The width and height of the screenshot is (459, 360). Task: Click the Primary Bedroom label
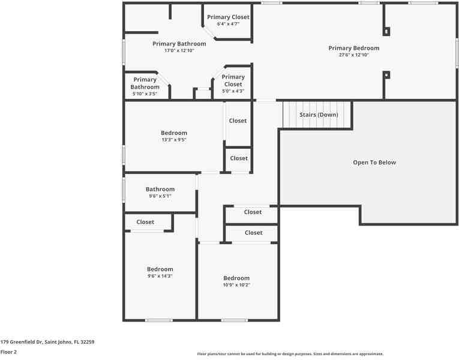(353, 48)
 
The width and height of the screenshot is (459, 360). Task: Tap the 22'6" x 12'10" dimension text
(353, 55)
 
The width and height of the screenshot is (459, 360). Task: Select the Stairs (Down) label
(319, 115)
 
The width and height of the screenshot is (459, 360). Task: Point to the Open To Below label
(374, 163)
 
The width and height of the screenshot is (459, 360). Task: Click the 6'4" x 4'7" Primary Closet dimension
(229, 24)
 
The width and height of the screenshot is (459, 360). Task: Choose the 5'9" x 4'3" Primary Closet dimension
(233, 91)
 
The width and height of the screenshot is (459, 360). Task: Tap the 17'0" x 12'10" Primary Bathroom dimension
(179, 50)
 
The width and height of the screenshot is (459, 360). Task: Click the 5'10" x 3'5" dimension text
(145, 94)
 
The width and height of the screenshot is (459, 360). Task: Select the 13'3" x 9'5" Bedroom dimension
(174, 140)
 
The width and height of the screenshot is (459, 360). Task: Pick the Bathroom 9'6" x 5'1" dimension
(160, 196)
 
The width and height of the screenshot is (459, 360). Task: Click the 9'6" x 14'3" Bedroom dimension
(160, 276)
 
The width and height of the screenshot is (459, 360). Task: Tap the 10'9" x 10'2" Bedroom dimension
(236, 285)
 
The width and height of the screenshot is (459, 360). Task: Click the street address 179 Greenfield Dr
(21, 342)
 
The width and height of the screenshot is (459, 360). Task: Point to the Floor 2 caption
(8, 352)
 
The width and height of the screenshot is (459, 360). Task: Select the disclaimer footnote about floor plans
(290, 354)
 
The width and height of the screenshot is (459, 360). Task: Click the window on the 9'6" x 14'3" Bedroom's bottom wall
(159, 320)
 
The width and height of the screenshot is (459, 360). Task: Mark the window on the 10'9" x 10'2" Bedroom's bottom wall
(234, 320)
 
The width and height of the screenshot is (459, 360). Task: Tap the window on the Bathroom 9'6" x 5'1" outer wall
(124, 190)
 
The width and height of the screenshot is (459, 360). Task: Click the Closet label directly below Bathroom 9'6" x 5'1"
(145, 222)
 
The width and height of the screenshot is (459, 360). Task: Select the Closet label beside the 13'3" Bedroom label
(238, 121)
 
